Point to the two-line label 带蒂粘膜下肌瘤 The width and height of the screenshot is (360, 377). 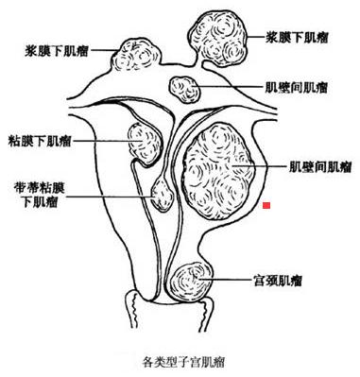[37, 195]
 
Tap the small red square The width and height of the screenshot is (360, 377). [268, 204]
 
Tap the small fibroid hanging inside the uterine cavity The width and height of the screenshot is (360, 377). [163, 196]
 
